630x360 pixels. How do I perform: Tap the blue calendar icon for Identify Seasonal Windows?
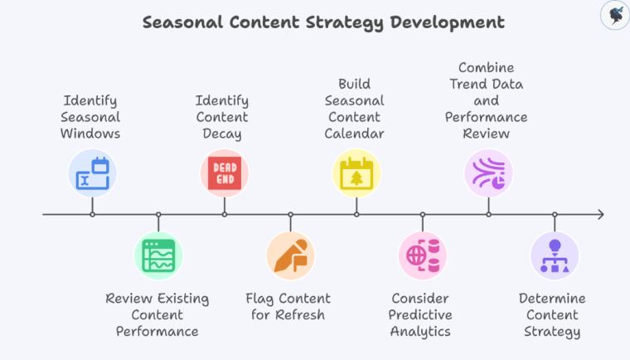(x=92, y=173)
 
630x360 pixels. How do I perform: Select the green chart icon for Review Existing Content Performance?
(x=158, y=255)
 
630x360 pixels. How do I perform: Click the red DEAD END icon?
(x=225, y=173)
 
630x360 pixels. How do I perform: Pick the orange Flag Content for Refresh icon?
(x=290, y=255)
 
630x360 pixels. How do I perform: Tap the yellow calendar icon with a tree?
(x=356, y=173)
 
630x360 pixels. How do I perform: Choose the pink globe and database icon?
(x=423, y=255)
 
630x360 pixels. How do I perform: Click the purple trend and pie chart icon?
(x=488, y=173)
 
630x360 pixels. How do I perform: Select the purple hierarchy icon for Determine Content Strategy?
(x=555, y=255)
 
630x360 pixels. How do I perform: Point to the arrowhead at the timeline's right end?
(x=599, y=215)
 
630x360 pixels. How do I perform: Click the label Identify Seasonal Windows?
(x=92, y=117)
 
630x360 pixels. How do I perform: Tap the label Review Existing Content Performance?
(x=157, y=314)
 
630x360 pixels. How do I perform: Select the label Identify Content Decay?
(x=224, y=117)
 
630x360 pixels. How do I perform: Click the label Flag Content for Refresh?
(x=288, y=306)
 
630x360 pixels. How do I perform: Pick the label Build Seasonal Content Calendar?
(x=356, y=109)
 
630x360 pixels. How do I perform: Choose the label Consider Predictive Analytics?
(x=421, y=314)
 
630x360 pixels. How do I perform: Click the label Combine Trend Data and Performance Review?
(x=488, y=100)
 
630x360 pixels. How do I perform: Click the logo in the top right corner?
(x=613, y=16)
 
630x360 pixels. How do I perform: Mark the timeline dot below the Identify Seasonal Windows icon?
(x=92, y=215)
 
